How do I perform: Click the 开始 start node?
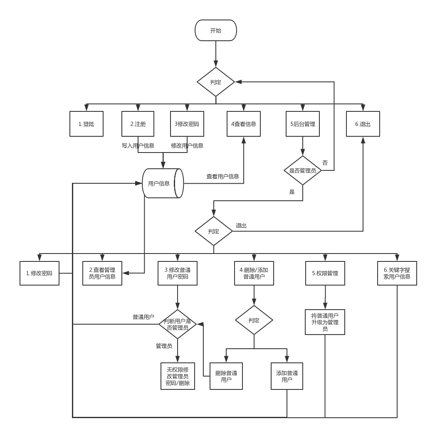tap(215, 30)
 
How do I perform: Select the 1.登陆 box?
tap(86, 124)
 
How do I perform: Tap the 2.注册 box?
tap(138, 124)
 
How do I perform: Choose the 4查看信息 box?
tap(243, 124)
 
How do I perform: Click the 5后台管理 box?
tap(302, 124)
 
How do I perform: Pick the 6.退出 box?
tap(363, 124)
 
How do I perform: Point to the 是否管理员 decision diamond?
tap(302, 170)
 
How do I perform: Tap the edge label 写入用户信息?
tap(138, 146)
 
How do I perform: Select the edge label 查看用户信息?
tap(222, 177)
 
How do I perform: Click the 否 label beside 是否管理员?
tap(325, 163)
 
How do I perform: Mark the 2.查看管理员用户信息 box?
tap(102, 273)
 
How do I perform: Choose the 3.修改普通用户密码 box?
tap(178, 273)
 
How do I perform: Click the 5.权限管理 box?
tap(325, 273)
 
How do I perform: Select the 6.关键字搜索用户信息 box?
tap(397, 273)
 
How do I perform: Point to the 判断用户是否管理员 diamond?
tap(178, 324)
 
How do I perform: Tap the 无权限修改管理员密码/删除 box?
tap(178, 376)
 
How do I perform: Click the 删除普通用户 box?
tap(226, 376)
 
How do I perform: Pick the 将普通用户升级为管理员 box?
tap(325, 322)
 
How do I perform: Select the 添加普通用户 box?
tap(287, 376)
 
